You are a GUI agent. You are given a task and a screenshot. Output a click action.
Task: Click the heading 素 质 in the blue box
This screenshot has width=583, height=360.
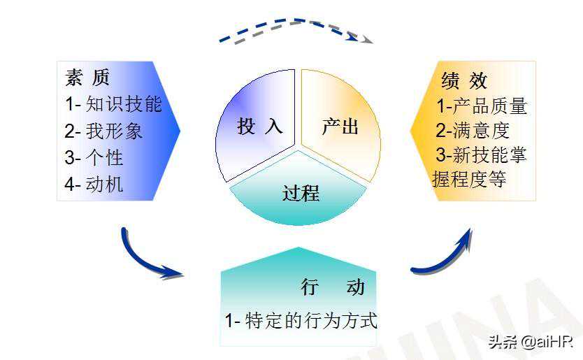point(87,78)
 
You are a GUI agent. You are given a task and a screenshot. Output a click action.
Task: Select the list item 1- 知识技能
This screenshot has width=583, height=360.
point(113,103)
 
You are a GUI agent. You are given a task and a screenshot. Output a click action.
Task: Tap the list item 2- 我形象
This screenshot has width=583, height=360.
point(103,131)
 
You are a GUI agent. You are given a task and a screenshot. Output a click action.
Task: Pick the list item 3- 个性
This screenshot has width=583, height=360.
point(94,158)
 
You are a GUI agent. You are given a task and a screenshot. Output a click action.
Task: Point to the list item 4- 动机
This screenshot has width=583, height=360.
point(94,184)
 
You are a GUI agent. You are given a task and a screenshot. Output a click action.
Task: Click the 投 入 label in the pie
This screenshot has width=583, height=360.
point(260,126)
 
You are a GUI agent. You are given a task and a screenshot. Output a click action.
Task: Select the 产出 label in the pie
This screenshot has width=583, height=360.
point(340,127)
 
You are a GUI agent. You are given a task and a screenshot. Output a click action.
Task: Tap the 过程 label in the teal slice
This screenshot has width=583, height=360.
point(301,193)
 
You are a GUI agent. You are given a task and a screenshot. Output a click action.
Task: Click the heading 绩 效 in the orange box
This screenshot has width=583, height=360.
point(464,80)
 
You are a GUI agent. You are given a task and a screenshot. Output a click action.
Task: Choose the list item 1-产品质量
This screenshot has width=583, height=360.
point(482,106)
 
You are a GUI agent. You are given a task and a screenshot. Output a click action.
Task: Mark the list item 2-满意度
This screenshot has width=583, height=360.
point(473,131)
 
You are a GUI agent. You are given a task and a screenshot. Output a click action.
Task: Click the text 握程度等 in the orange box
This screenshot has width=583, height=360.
point(469,179)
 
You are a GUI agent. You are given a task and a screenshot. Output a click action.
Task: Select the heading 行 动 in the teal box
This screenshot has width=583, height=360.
point(333,287)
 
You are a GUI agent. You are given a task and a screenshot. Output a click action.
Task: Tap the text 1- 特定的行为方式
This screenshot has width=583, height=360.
point(301,321)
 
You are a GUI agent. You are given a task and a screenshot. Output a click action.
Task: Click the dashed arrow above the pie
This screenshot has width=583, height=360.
point(296,23)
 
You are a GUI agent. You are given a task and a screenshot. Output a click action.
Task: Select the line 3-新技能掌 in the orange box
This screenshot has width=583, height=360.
point(481,154)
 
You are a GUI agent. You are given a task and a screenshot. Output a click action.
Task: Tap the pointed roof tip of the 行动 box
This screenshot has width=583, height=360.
point(298,247)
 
